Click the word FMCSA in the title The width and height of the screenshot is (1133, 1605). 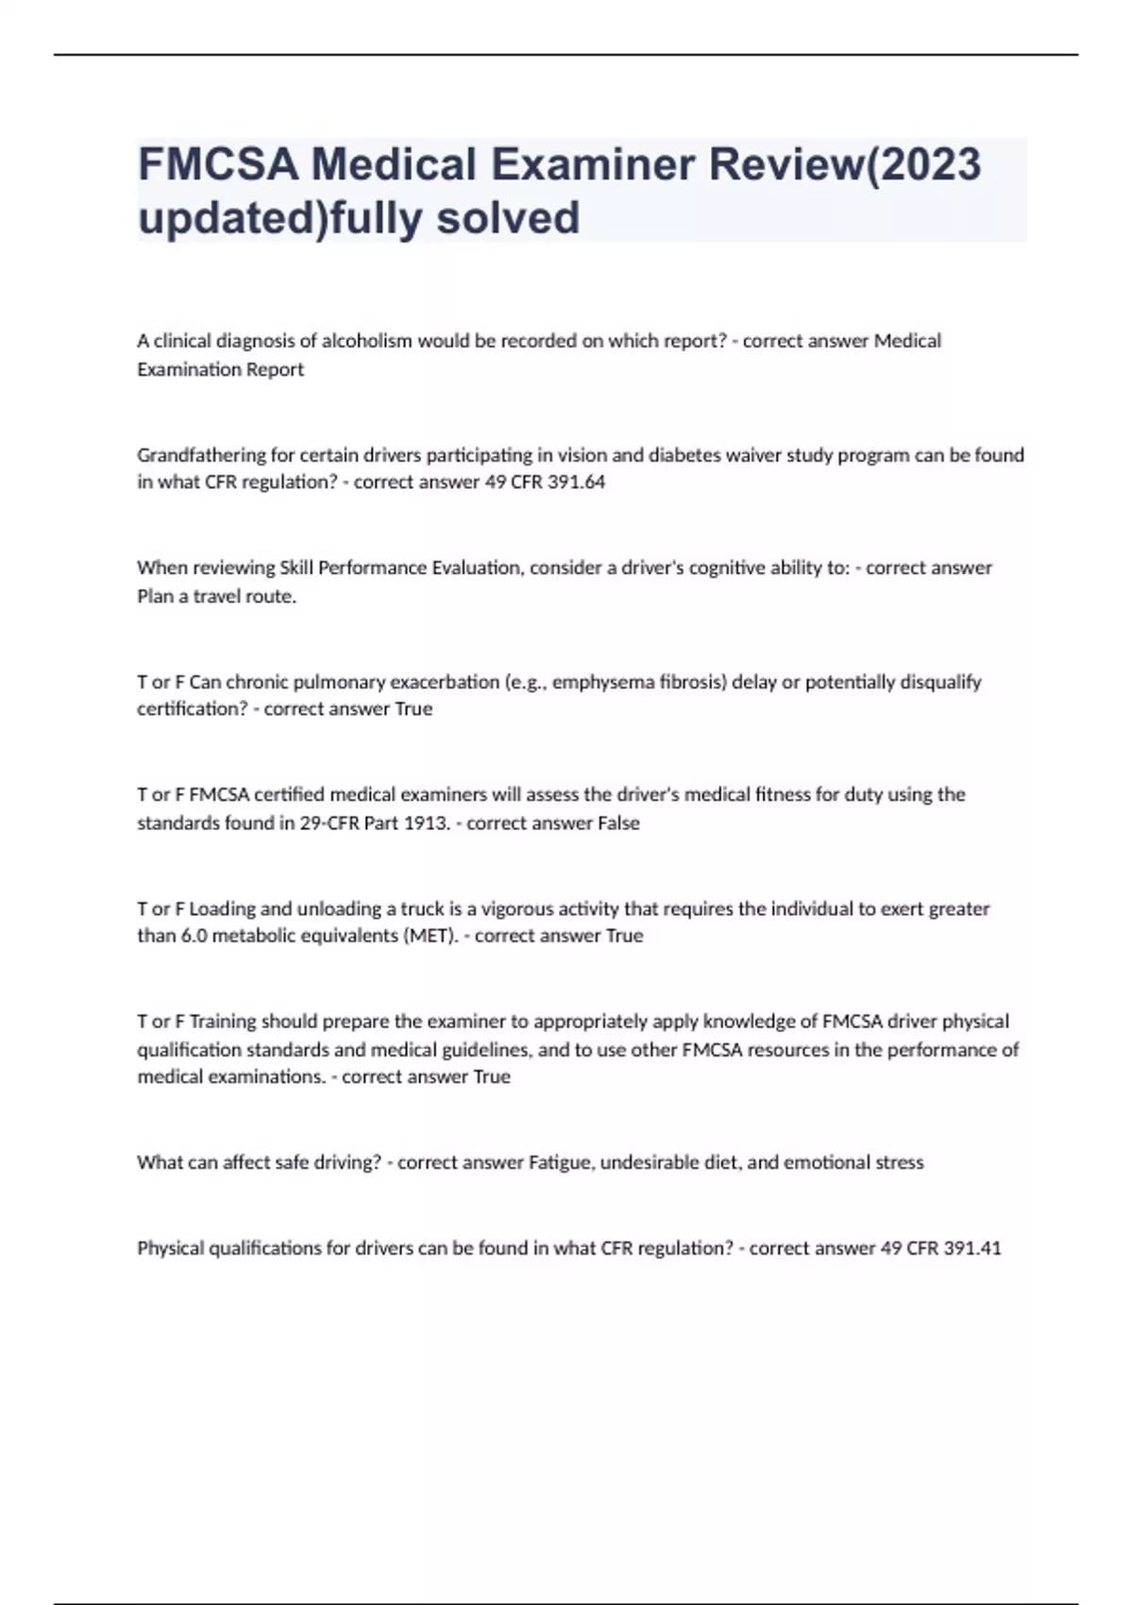[218, 164]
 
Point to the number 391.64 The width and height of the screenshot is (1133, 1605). [575, 481]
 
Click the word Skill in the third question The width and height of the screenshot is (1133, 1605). [296, 567]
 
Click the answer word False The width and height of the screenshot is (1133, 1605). [618, 822]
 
